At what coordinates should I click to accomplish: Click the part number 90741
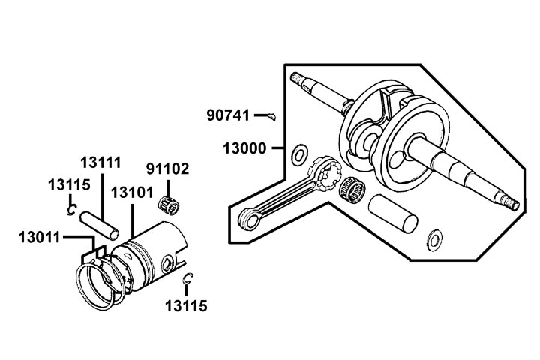click(229, 115)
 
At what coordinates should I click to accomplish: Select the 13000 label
click(244, 148)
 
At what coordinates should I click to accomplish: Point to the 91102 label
click(166, 169)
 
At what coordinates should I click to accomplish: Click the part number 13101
click(131, 193)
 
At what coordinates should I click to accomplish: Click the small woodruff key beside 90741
click(272, 115)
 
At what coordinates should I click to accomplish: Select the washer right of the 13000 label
click(297, 154)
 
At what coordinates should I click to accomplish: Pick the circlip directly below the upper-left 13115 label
click(70, 211)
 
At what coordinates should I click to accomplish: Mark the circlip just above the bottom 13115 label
click(188, 280)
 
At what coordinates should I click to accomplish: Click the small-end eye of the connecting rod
click(247, 219)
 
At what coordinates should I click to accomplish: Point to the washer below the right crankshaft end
click(433, 240)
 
